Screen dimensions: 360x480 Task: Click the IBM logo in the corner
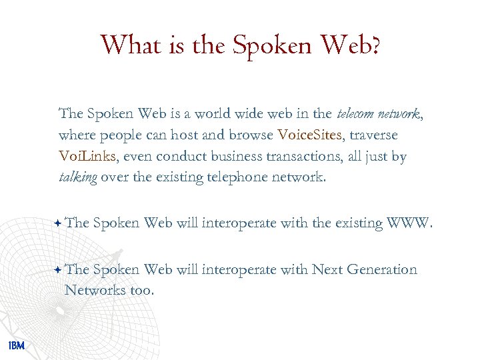(x=17, y=345)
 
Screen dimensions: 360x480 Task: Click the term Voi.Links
(x=87, y=157)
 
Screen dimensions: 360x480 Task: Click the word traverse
(x=374, y=135)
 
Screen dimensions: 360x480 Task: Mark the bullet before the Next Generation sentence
(x=59, y=269)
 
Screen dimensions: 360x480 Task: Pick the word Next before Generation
(x=328, y=269)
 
